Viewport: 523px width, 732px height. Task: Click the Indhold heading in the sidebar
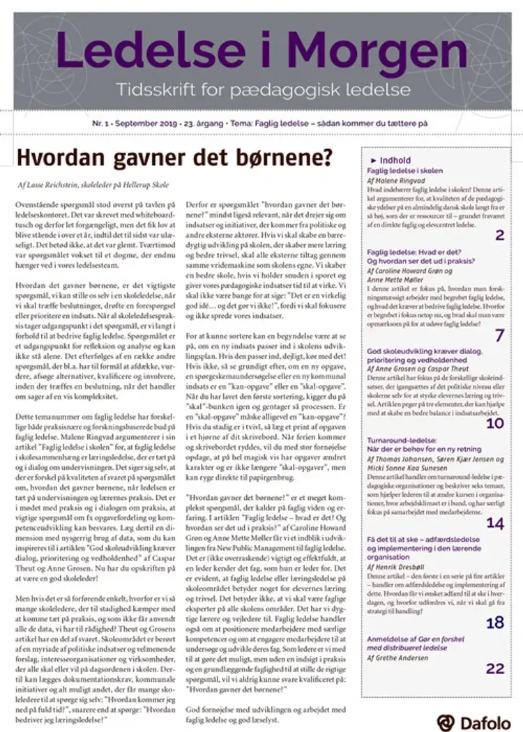(395, 160)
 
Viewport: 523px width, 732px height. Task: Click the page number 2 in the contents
(499, 235)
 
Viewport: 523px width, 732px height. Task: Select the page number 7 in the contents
(499, 335)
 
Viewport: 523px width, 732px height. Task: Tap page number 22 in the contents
(494, 669)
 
